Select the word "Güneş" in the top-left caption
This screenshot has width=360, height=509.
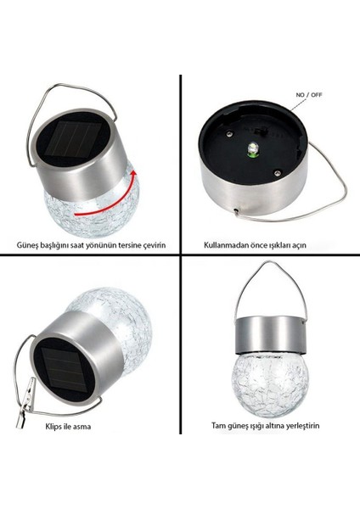(x=27, y=246)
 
